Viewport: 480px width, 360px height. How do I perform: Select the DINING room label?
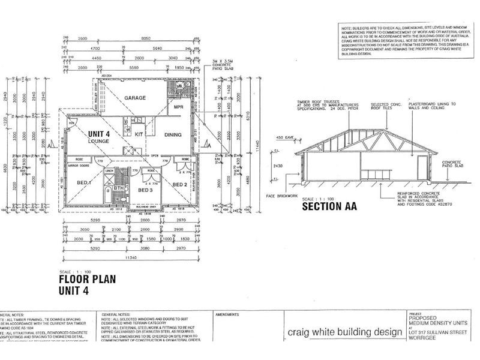[x=172, y=135]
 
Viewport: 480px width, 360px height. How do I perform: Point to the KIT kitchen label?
[x=139, y=134]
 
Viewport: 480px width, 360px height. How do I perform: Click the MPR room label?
[x=178, y=107]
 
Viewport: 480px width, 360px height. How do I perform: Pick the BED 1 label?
[x=83, y=182]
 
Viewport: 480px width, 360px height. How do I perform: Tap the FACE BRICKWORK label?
[x=284, y=197]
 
